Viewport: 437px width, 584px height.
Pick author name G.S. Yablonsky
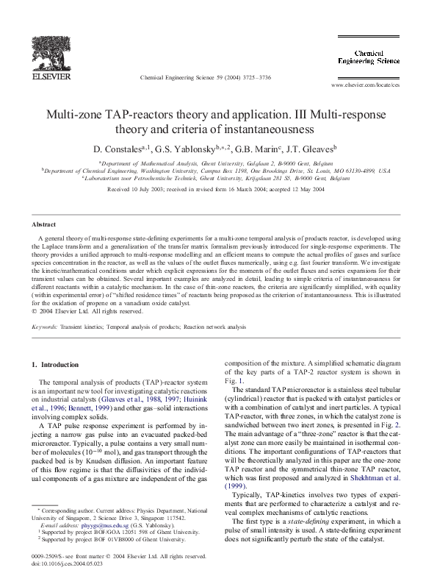[186, 148]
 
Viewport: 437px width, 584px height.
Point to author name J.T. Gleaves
[309, 148]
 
